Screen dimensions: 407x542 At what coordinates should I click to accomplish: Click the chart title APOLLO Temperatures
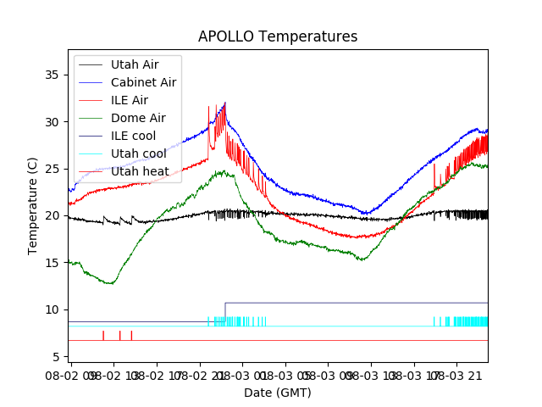(x=278, y=37)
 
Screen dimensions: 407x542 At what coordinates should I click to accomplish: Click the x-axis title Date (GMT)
(x=278, y=393)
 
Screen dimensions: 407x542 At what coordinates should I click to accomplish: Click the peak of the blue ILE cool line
(x=225, y=103)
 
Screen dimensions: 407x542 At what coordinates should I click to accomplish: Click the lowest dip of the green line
(x=110, y=283)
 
